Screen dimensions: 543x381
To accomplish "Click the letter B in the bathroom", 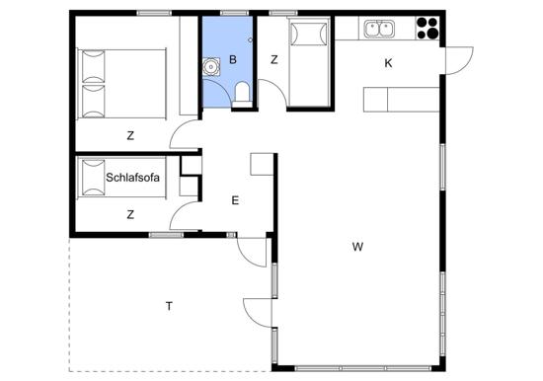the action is pyautogui.click(x=233, y=59).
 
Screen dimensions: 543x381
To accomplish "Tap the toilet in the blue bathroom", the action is pyautogui.click(x=242, y=94).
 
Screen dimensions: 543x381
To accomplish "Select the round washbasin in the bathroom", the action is pyautogui.click(x=210, y=67).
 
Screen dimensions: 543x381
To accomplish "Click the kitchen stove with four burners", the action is pyautogui.click(x=427, y=28).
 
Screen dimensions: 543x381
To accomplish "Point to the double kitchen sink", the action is pyautogui.click(x=379, y=29).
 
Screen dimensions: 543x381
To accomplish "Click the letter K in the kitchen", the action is pyautogui.click(x=388, y=63).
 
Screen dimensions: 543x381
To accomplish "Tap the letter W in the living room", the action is pyautogui.click(x=357, y=247).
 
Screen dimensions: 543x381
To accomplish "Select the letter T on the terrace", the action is pyautogui.click(x=169, y=306).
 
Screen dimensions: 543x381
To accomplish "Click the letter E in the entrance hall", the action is pyautogui.click(x=235, y=200).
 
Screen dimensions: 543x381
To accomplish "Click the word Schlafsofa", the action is pyautogui.click(x=132, y=178).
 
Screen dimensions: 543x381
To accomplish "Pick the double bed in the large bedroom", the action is pyautogui.click(x=121, y=84).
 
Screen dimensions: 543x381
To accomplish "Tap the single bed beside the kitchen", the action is pyautogui.click(x=309, y=62).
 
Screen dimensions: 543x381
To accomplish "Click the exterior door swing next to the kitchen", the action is pyautogui.click(x=459, y=60).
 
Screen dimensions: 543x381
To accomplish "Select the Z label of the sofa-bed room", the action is pyautogui.click(x=130, y=215).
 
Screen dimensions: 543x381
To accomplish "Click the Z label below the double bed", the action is pyautogui.click(x=130, y=136).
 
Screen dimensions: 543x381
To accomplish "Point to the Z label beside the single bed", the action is pyautogui.click(x=273, y=60).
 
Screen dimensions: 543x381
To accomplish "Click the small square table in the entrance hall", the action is pyautogui.click(x=263, y=164).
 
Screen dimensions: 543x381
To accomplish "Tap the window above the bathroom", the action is pyautogui.click(x=234, y=13).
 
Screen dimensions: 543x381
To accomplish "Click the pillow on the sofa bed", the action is pyautogui.click(x=93, y=178).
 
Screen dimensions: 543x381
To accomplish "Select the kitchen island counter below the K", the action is pyautogui.click(x=402, y=100).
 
